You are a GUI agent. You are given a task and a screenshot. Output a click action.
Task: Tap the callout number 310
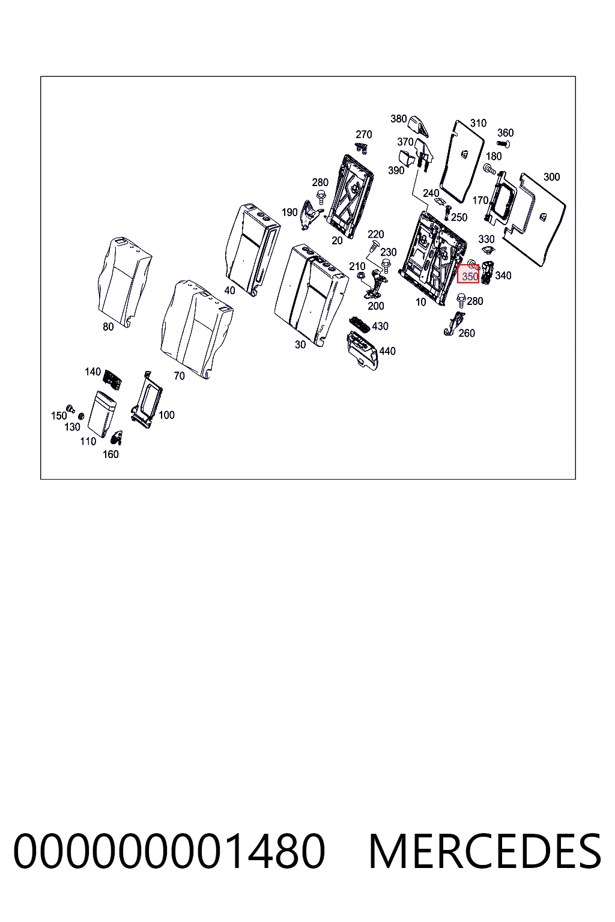[x=478, y=123]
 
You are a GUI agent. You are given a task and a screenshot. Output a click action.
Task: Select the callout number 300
[x=551, y=177]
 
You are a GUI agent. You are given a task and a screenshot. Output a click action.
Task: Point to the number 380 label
[x=398, y=119]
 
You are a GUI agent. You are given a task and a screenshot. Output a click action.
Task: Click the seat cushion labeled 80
[x=124, y=282]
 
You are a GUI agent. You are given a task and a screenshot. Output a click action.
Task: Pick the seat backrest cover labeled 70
[x=197, y=329]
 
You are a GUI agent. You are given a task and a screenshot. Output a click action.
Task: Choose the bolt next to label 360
[x=503, y=143]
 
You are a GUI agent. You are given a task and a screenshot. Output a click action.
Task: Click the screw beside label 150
[x=70, y=408]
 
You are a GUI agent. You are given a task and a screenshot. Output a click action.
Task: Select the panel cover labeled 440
[x=362, y=351]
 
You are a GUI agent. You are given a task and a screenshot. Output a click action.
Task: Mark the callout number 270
[x=364, y=134]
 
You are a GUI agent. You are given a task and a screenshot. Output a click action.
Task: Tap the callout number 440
[x=387, y=351]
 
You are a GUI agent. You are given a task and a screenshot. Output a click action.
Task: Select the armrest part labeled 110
[x=101, y=413]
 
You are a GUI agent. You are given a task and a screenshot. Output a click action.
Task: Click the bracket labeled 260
[x=455, y=324]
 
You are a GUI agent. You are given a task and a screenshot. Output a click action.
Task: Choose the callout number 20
[x=337, y=241]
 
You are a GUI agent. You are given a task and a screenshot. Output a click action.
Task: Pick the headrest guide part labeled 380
[x=417, y=125]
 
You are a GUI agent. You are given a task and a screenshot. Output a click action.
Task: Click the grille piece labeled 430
[x=360, y=325]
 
